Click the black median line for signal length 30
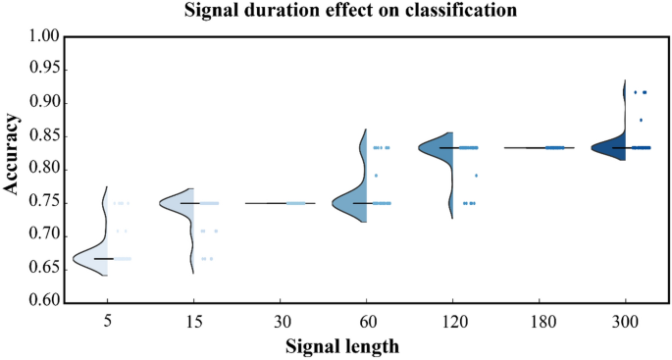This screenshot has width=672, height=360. [280, 203]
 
